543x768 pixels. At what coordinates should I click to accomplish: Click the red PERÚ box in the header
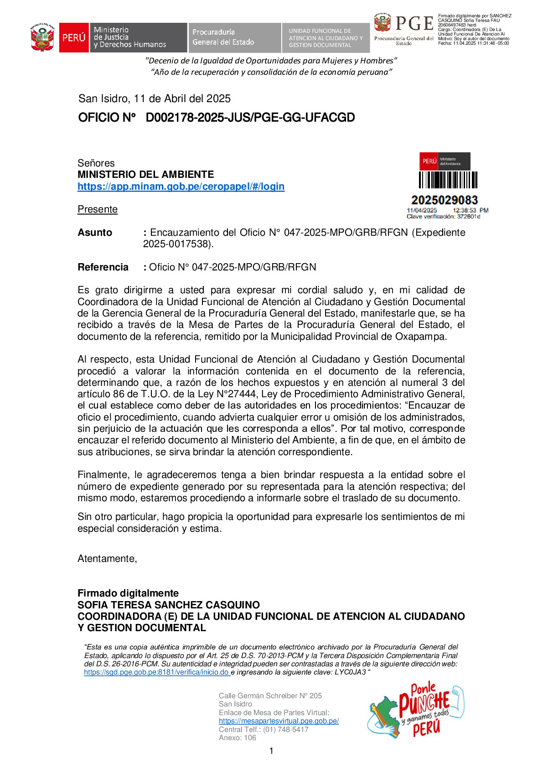pyautogui.click(x=74, y=37)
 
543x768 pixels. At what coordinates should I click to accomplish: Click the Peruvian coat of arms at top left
pyautogui.click(x=42, y=38)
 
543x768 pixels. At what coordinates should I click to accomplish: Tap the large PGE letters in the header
pyautogui.click(x=414, y=23)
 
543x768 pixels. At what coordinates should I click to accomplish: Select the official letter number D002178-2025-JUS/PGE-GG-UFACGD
pyautogui.click(x=250, y=118)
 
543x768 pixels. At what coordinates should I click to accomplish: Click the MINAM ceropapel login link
pyautogui.click(x=181, y=187)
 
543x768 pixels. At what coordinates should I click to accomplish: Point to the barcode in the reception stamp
pyautogui.click(x=448, y=180)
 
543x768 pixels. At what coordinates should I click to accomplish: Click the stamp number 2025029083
pyautogui.click(x=445, y=200)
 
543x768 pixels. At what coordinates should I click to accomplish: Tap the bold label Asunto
pyautogui.click(x=95, y=233)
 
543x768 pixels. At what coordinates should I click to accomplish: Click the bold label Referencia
pyautogui.click(x=103, y=267)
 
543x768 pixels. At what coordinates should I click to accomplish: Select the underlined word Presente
pyautogui.click(x=98, y=209)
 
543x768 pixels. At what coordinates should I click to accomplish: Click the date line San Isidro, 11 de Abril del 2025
pyautogui.click(x=155, y=99)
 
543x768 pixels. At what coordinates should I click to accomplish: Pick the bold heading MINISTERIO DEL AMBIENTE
pyautogui.click(x=145, y=175)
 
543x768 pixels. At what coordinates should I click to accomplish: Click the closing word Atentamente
pyautogui.click(x=107, y=559)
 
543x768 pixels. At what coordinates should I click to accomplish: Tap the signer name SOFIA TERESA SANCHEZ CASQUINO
pyautogui.click(x=169, y=605)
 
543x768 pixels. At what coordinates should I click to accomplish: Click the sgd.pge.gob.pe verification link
pyautogui.click(x=156, y=672)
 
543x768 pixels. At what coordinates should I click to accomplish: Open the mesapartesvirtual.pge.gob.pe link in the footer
pyautogui.click(x=279, y=721)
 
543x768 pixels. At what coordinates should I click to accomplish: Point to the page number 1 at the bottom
pyautogui.click(x=272, y=751)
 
